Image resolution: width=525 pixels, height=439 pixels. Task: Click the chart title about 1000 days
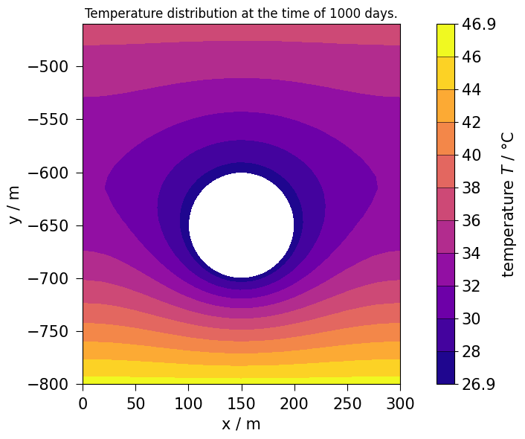[x=241, y=13]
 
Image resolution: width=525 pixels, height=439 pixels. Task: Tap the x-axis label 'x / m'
[x=241, y=424]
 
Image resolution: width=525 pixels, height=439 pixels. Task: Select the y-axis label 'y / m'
[x=14, y=205]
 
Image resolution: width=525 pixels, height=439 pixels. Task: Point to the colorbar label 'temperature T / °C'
[x=508, y=204]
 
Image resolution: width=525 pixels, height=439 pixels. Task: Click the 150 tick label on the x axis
[x=241, y=403]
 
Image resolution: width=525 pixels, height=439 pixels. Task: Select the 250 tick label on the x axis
[x=347, y=403]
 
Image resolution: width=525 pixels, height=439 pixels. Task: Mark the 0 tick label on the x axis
[x=83, y=403]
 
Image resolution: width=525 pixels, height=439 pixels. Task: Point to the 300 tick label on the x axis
[x=400, y=403]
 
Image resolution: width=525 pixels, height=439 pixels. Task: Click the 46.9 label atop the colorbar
[x=480, y=25]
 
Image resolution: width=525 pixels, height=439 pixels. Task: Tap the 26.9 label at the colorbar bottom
[x=480, y=384]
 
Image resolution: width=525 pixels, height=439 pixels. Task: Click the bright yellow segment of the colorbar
[x=445, y=40]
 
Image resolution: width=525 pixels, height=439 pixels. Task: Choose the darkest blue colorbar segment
[x=445, y=368]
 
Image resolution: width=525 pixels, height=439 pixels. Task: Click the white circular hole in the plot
[x=241, y=225]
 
